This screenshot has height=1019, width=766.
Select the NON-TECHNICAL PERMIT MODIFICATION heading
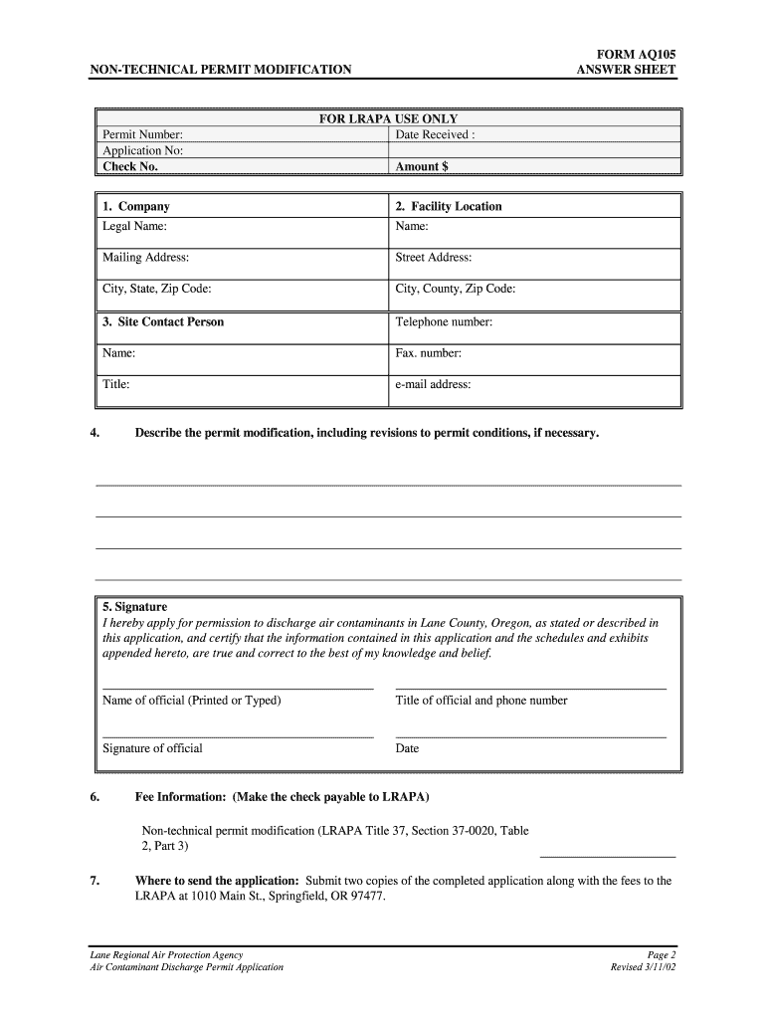[x=220, y=70]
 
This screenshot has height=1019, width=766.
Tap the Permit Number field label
[x=142, y=134]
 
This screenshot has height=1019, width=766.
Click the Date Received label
[x=435, y=134]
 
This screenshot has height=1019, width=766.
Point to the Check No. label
[x=130, y=166]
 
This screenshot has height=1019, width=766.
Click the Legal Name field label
[x=134, y=226]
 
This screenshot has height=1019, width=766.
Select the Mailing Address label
[x=145, y=257]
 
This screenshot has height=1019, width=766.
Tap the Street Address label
[x=434, y=257]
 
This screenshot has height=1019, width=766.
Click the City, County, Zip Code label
[x=456, y=289]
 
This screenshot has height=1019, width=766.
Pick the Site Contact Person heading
[x=163, y=321]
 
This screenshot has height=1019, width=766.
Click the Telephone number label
[x=444, y=321]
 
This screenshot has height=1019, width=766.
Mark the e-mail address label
[x=433, y=384]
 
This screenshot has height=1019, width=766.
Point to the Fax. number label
[x=429, y=352]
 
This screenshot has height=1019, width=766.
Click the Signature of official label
[x=152, y=748]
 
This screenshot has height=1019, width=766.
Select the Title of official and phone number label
[x=481, y=701]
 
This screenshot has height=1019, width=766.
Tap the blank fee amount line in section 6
[x=607, y=855]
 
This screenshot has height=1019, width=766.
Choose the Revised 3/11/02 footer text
[x=643, y=967]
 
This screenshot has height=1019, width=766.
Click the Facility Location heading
[x=449, y=206]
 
